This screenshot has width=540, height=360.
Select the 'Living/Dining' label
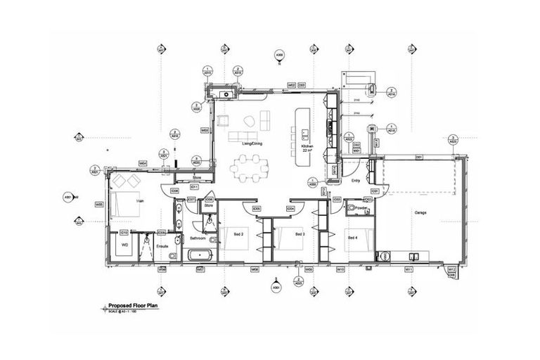click(x=252, y=143)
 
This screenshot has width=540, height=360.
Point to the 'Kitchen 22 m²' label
click(x=307, y=148)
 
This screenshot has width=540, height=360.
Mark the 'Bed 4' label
click(x=353, y=238)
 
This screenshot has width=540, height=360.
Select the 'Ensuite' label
click(x=162, y=247)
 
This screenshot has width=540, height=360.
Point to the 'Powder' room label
click(x=363, y=208)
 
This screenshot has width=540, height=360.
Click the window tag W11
click(x=409, y=269)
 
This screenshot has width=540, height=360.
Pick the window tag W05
click(x=99, y=205)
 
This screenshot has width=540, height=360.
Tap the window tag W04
click(x=143, y=163)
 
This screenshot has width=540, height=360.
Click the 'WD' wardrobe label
click(x=124, y=246)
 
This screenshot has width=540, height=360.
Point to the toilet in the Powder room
click(x=352, y=209)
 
